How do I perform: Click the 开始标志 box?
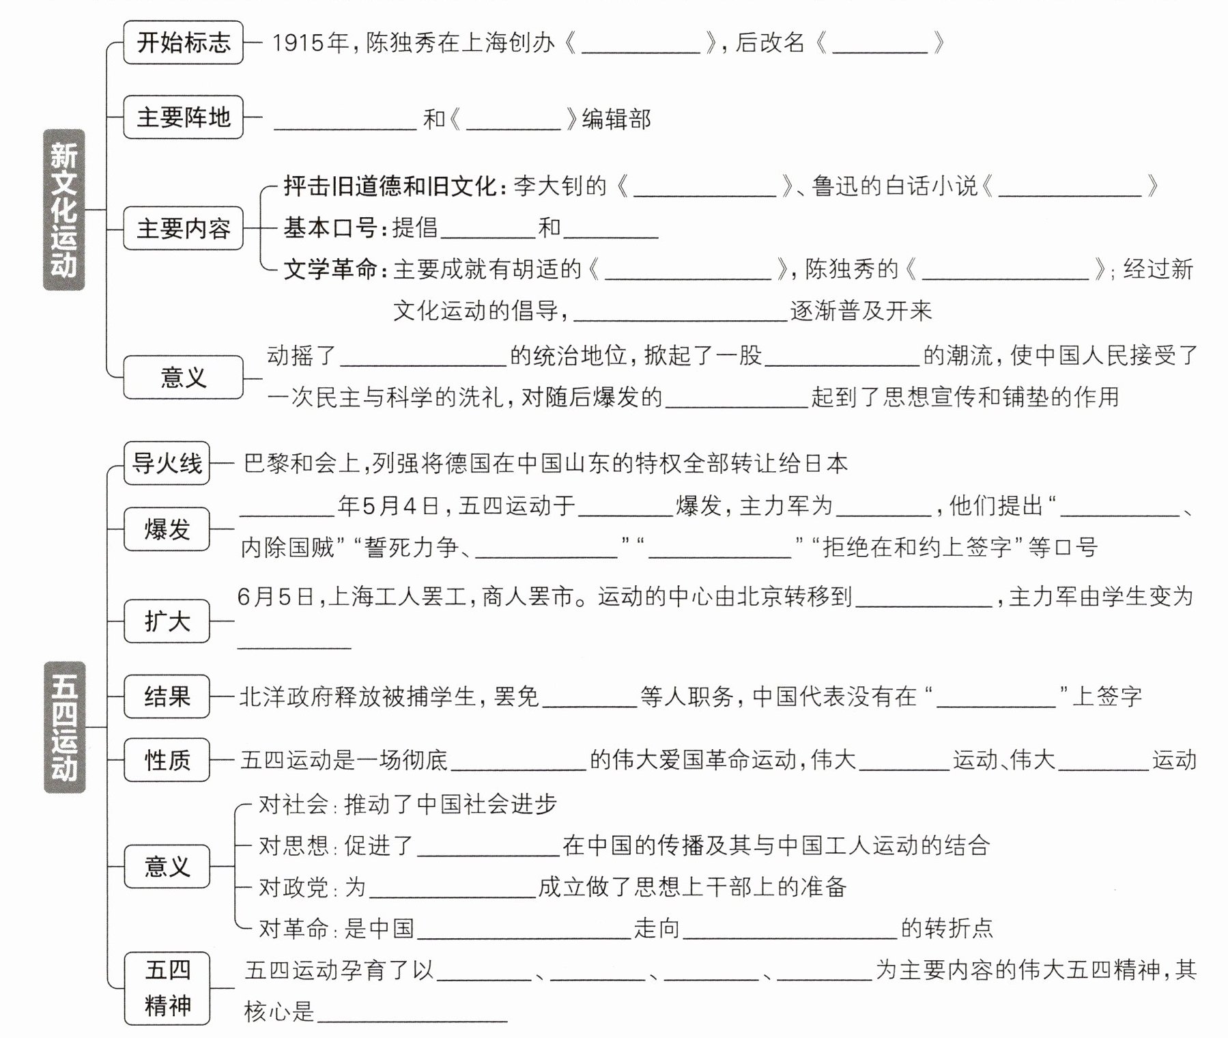click(x=183, y=43)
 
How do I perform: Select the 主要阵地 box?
click(x=183, y=117)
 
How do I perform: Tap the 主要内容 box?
click(x=183, y=228)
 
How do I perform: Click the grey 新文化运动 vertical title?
click(x=63, y=210)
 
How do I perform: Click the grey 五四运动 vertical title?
click(x=64, y=727)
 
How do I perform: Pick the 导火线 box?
click(x=167, y=463)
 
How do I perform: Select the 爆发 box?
click(x=167, y=529)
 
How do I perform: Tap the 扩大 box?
click(x=167, y=621)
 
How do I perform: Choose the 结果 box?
click(x=167, y=697)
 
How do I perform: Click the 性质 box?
click(x=167, y=759)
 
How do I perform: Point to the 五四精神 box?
click(x=167, y=987)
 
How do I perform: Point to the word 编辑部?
click(x=616, y=120)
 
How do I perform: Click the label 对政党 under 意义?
click(x=293, y=887)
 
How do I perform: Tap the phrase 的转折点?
click(x=947, y=928)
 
